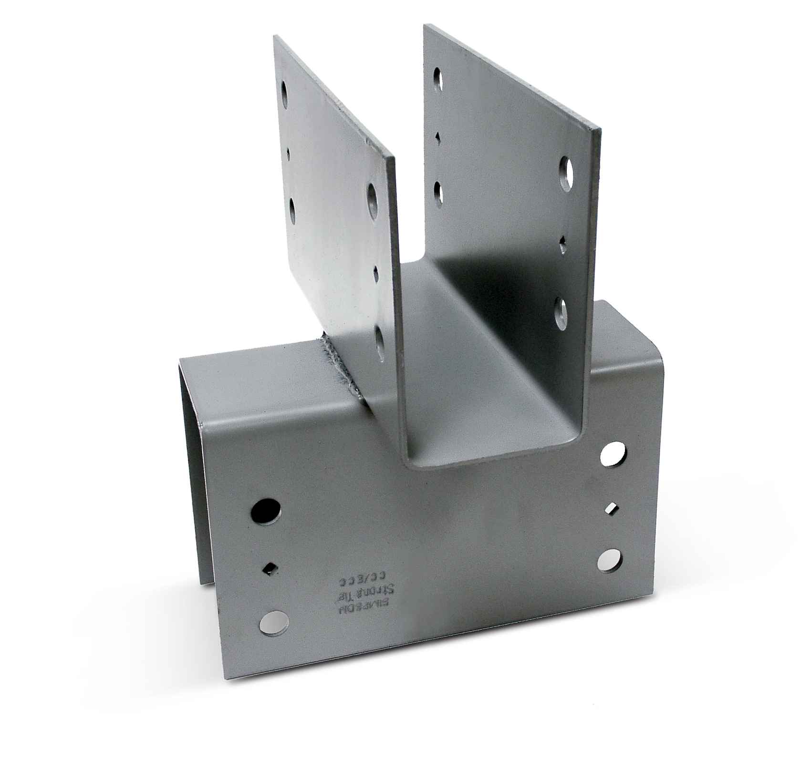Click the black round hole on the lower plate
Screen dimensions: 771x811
click(x=265, y=512)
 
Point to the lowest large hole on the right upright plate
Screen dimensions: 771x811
click(x=563, y=310)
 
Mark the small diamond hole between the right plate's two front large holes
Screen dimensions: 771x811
click(x=564, y=246)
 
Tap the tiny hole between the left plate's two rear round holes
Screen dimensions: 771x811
click(x=289, y=153)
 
